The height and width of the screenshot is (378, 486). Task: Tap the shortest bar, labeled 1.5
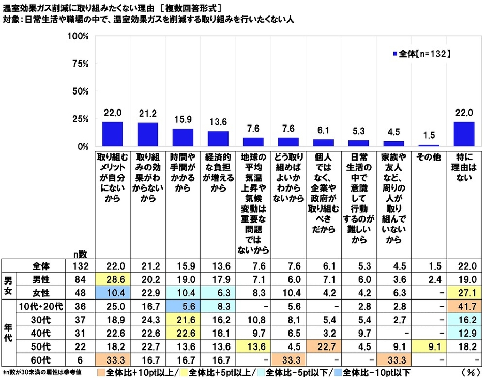tap(429, 145)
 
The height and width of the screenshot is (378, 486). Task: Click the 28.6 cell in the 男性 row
tap(112, 280)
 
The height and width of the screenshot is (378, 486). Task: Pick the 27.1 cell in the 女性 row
tap(464, 293)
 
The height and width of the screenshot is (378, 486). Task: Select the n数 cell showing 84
tap(80, 280)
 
